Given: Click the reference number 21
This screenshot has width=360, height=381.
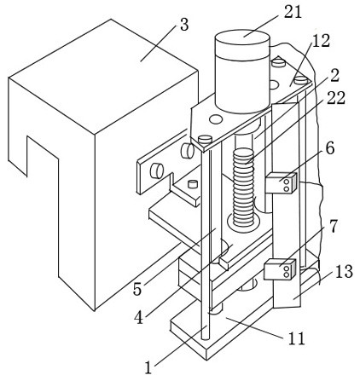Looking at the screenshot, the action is tap(293, 13).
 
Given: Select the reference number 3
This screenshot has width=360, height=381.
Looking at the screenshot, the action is tap(184, 25).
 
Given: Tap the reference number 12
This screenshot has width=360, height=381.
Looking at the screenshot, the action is tap(321, 41).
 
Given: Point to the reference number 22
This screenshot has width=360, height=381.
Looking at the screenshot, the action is tap(336, 98).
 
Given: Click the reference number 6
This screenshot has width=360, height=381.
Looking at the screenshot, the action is tap(330, 149).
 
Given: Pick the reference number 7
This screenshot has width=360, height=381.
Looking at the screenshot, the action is tap(333, 227).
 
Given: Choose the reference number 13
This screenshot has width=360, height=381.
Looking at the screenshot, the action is tap(344, 271).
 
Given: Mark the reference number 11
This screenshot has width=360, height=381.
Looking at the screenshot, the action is tap(296, 338).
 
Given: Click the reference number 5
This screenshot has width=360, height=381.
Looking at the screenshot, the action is tap(137, 289).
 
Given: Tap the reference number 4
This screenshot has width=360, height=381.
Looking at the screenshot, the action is tap(139, 318).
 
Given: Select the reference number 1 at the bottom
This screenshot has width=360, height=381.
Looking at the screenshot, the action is tap(148, 367).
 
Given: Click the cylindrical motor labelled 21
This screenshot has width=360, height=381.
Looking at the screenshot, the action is tap(242, 72).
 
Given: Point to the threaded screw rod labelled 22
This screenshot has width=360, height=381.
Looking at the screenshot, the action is tap(243, 188).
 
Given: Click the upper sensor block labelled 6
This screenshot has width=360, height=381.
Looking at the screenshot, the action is tap(282, 183).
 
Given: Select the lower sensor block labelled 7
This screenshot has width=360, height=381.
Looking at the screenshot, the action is tap(281, 268).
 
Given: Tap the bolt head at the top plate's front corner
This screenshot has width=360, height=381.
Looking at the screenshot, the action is tap(206, 140).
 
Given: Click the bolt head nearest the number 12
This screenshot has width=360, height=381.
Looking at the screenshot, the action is tap(301, 80).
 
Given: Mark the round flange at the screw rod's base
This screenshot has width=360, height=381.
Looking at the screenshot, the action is tap(243, 222).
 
